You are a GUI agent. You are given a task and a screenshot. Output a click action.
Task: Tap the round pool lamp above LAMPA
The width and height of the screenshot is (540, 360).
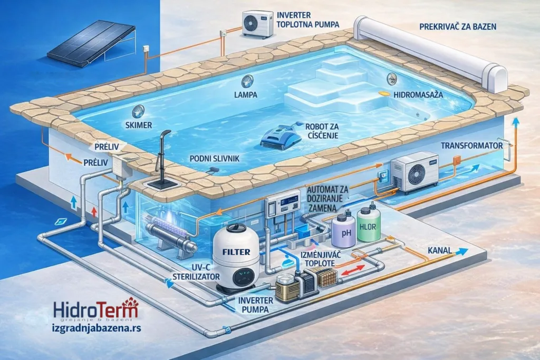click(247, 81)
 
